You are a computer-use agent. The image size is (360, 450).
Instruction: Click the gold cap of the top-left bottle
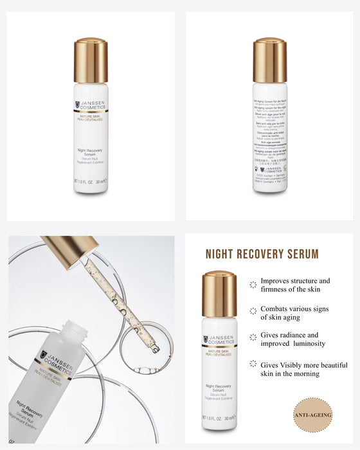(91, 60)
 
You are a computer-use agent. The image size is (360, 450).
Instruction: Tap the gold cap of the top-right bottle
(269, 60)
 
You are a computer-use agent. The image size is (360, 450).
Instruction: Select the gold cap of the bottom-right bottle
(219, 294)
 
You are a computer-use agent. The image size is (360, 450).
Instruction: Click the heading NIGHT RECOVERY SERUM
(262, 254)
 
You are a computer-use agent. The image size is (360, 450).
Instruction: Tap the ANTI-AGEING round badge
(313, 415)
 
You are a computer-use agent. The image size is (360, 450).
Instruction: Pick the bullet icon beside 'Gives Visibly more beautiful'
(253, 365)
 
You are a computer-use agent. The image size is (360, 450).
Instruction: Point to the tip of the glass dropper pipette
(154, 349)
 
